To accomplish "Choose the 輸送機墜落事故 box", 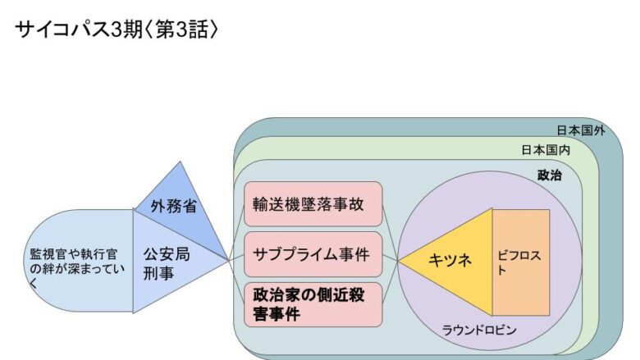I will (313, 203).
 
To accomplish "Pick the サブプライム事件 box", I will (313, 253).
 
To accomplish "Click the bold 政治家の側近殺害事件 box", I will (313, 303).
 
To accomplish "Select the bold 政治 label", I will (550, 175).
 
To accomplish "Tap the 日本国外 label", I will (580, 130).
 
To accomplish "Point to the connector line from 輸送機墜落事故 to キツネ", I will (391, 233).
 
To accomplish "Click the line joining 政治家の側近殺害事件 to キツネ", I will (391, 283).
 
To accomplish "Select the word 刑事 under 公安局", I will (158, 273).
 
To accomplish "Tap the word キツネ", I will (450, 261).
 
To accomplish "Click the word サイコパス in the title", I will (62, 30).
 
